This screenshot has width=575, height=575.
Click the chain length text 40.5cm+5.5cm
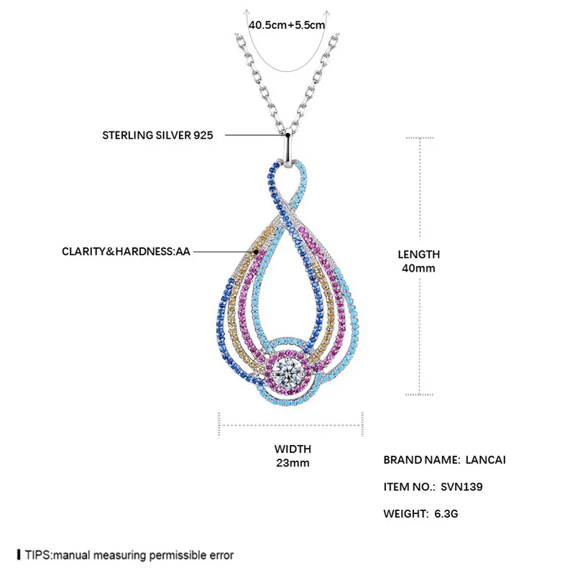287,24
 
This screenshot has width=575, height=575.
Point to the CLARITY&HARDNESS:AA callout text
125,252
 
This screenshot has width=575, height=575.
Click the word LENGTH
419,254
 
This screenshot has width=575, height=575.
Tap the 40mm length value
419,268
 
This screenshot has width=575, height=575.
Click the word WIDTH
292,449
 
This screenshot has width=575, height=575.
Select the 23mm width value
292,463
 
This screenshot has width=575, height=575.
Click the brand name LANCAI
487,459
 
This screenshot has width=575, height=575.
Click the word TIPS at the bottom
37,556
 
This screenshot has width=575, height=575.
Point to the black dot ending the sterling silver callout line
287,134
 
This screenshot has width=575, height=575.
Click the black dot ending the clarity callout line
255,252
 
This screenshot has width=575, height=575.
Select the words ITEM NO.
409,487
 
